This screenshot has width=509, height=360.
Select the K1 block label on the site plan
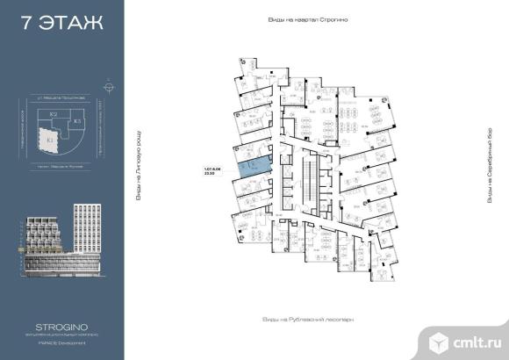[50, 140]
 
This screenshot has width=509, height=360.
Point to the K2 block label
[54, 115]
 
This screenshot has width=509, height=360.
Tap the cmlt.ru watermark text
[476, 336]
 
